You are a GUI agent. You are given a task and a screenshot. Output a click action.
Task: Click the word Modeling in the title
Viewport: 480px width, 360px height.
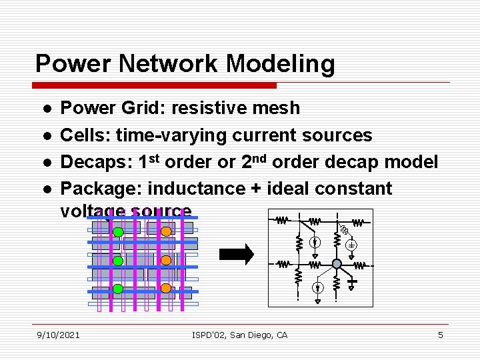coord(280,65)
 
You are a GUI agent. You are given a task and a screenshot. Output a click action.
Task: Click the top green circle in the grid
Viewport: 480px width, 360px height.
coord(117,232)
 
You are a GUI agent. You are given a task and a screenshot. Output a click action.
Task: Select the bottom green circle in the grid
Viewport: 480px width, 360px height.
coord(117,289)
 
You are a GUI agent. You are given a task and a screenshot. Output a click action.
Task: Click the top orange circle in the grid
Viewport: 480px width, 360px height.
coord(166,232)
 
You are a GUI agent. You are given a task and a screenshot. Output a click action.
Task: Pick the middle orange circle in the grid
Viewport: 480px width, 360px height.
coord(166,261)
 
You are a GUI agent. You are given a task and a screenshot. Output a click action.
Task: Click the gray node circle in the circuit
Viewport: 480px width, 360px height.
coord(337,264)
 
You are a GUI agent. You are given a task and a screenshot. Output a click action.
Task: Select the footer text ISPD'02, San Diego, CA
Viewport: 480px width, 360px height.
coord(239,335)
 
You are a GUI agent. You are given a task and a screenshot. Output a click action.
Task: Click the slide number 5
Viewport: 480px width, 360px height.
coord(440,335)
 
